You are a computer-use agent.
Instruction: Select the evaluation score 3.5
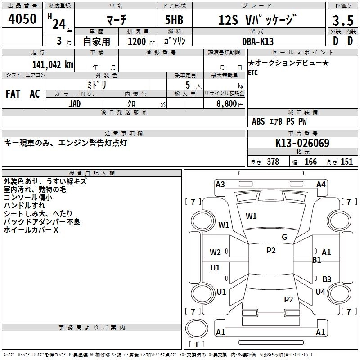coord(342,21)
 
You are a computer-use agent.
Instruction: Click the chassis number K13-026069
coord(302,144)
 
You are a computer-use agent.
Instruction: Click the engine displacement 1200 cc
coord(137,41)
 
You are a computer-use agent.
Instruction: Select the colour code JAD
coord(75,103)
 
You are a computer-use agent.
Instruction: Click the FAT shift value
coord(13,94)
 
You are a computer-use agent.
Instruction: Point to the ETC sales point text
coord(253,73)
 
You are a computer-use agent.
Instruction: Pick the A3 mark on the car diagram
coord(220,184)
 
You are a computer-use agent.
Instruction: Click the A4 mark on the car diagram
coord(321,184)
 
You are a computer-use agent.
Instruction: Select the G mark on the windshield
coord(284,237)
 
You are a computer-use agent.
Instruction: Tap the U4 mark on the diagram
coord(320,292)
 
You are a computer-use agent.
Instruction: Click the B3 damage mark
coord(327,279)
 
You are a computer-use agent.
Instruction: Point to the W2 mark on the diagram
coord(215,252)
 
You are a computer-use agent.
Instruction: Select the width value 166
coord(310,162)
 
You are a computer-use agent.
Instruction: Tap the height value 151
coord(346,162)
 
